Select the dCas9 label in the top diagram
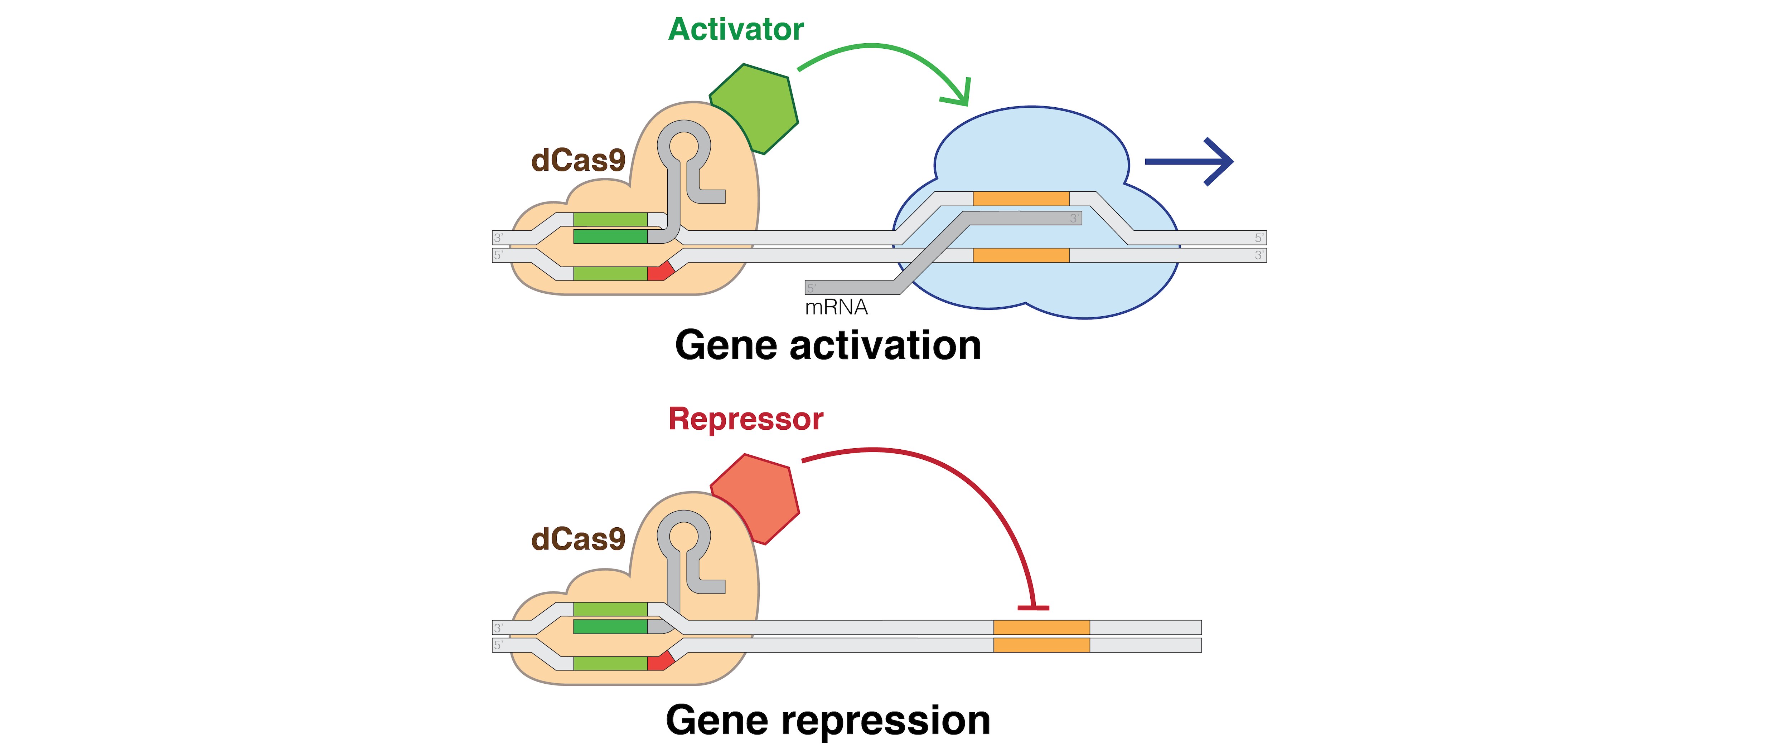coord(578,160)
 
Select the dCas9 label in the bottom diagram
coord(578,539)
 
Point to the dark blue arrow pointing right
coord(1188,162)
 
